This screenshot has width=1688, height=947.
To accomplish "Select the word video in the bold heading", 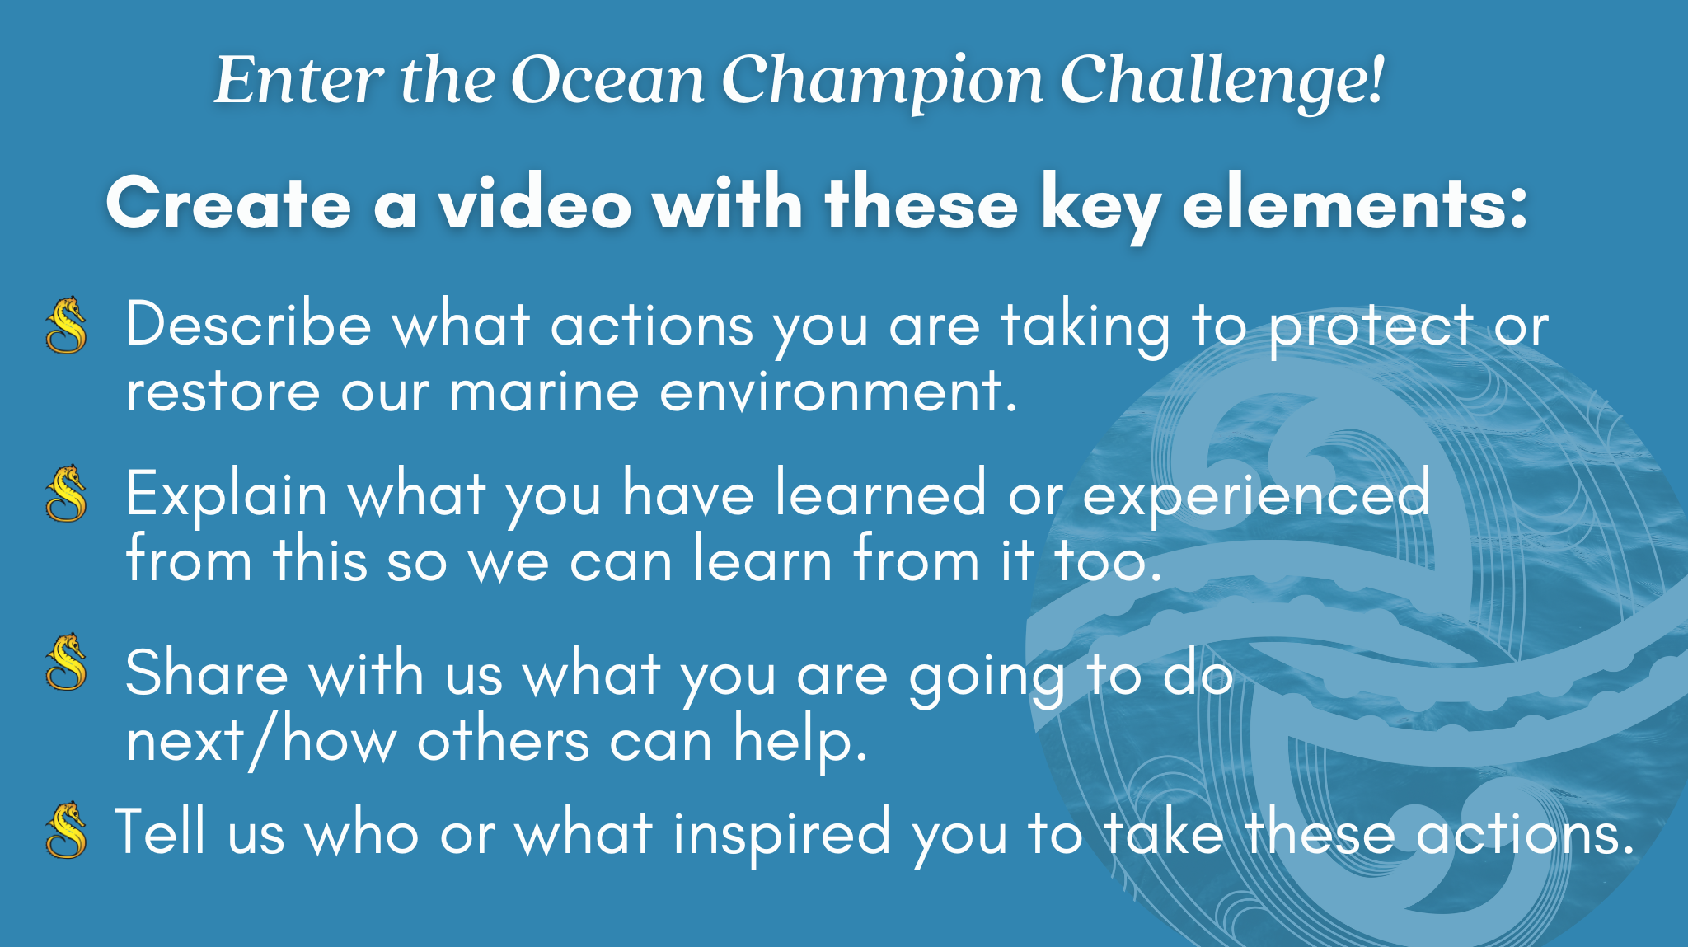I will click(x=535, y=204).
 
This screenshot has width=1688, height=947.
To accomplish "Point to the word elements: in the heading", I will click(x=1355, y=204).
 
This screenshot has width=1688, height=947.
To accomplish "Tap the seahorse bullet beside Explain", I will click(x=67, y=494).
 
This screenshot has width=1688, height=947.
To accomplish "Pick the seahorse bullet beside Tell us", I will click(x=67, y=830).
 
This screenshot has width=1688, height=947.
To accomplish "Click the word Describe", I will click(x=248, y=325).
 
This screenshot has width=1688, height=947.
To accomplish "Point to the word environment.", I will click(x=838, y=391).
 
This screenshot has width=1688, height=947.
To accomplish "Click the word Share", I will click(x=206, y=673).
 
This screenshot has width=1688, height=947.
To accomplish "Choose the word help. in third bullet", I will click(x=800, y=741).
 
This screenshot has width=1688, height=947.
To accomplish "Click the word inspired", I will click(x=781, y=832).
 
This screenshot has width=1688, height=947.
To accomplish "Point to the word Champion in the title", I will click(x=883, y=82).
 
